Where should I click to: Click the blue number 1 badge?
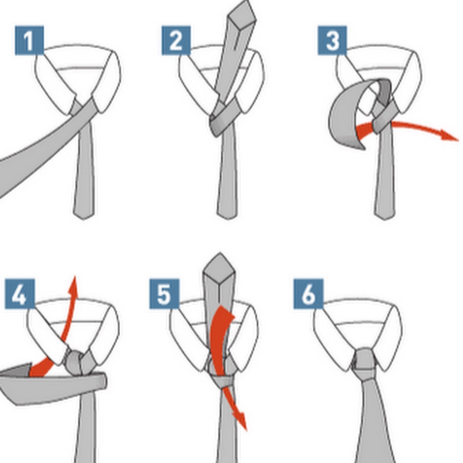29,41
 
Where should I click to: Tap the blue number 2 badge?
176,41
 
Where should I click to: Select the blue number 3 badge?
332,41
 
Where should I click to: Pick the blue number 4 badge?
20,294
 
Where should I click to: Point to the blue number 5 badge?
164,294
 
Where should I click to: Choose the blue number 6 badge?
308,294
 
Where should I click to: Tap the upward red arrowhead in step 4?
73,286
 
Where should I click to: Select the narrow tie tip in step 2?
227,214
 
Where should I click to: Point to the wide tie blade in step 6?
375,422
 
